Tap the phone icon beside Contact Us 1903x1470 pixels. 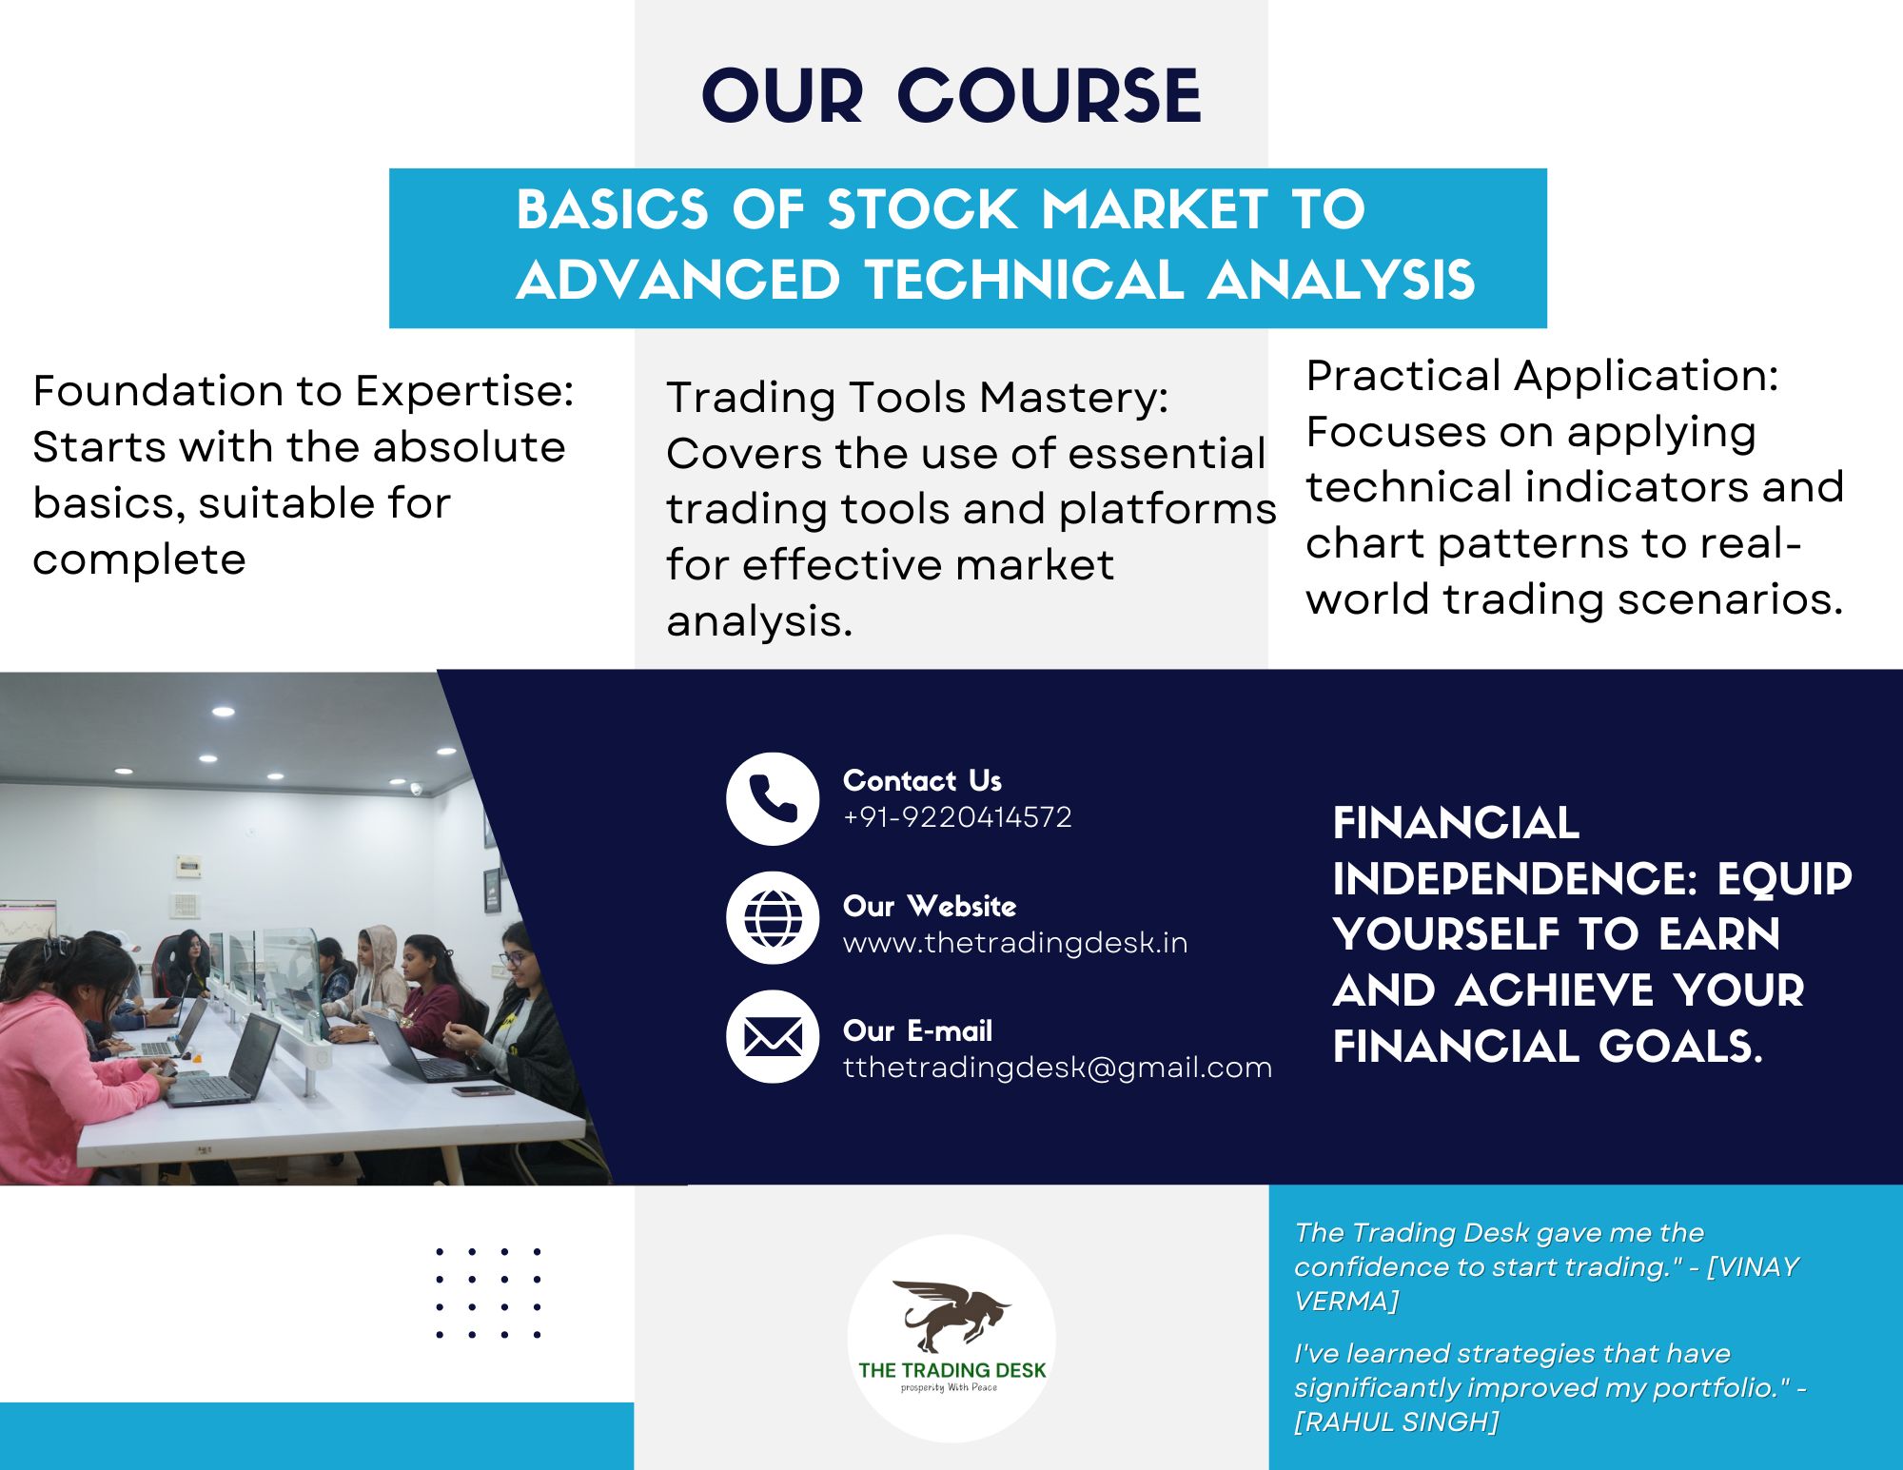tap(773, 799)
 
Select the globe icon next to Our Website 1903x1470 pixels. tap(773, 918)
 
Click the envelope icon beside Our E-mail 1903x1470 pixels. tap(773, 1037)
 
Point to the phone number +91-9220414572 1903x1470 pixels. tap(957, 817)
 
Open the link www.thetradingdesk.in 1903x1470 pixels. tap(1015, 943)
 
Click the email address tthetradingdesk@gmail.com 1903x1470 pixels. tap(1057, 1068)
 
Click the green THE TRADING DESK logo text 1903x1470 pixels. tap(951, 1370)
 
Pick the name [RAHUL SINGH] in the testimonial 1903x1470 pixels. tap(1396, 1421)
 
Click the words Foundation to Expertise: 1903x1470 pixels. tap(304, 391)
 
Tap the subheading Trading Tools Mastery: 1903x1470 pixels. tap(917, 398)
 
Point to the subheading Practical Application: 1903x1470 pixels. tap(1542, 376)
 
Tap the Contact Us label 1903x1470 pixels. tap(922, 780)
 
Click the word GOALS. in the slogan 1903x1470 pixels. tap(1680, 1047)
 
